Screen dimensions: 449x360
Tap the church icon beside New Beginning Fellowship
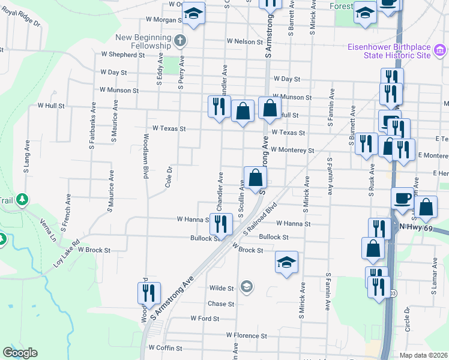pos(179,41)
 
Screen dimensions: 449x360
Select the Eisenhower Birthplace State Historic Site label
pos(398,50)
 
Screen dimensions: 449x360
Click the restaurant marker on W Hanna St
pos(220,224)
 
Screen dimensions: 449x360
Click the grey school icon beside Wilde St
pos(246,288)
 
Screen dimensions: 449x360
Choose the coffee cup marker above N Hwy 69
pos(402,197)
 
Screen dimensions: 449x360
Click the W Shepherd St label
pos(122,55)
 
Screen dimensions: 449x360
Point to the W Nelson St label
pos(246,41)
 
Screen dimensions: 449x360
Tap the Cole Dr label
pos(169,177)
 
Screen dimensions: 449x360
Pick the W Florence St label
pos(246,335)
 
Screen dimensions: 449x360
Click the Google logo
pos(20,353)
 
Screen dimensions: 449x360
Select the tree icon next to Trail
pos(22,199)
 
